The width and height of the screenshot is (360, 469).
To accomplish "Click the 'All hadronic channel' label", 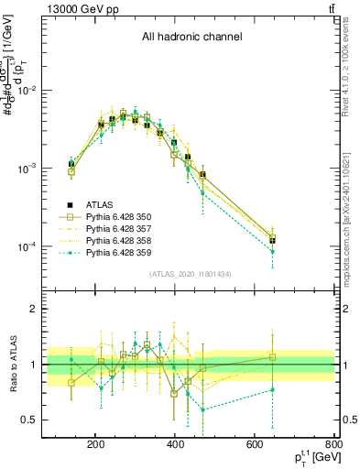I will click(191, 38).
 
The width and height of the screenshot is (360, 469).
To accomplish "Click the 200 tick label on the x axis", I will click(95, 445).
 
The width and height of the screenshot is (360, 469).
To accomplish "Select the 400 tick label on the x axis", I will click(175, 445).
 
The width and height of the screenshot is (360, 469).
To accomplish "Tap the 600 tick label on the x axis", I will click(256, 445).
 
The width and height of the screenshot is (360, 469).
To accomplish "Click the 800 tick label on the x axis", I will click(333, 445).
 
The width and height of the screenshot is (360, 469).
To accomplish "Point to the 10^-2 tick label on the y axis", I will click(49, 91).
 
